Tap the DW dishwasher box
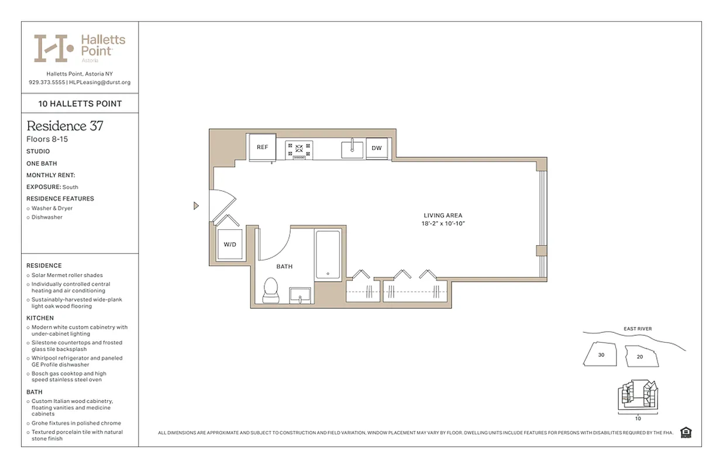tap(377, 148)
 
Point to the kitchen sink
tap(352, 149)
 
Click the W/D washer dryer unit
tap(230, 244)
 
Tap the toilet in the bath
tap(270, 290)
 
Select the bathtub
tap(328, 254)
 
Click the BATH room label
tap(284, 266)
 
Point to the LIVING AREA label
tap(443, 215)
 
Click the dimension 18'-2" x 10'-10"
tap(443, 223)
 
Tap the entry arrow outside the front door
tap(196, 205)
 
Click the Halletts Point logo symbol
tap(53, 48)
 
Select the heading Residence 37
tap(65, 126)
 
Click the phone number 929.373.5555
tap(47, 82)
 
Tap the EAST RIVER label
tap(638, 329)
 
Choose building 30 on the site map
tap(601, 355)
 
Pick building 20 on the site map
tap(639, 356)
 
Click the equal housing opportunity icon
tap(686, 432)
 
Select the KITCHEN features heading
tap(40, 318)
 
